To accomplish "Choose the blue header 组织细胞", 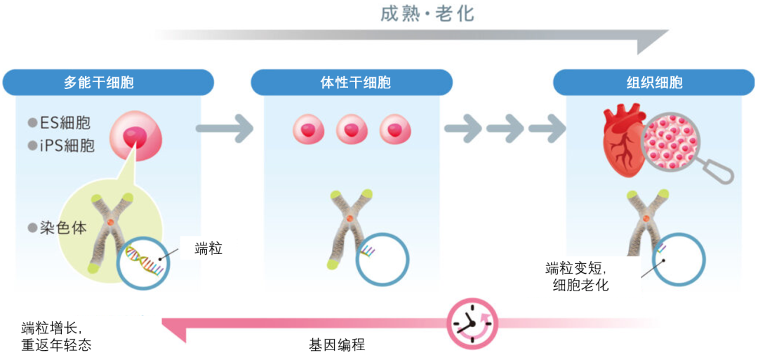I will pos(654,82).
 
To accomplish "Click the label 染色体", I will pos(63,229).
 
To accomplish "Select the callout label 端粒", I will pos(208,247).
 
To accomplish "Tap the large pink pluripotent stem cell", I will pos(136,135).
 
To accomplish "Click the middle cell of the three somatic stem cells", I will pos(352,129).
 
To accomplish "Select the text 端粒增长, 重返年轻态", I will pos(56,335).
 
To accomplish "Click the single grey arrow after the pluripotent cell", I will pos(224,128).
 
